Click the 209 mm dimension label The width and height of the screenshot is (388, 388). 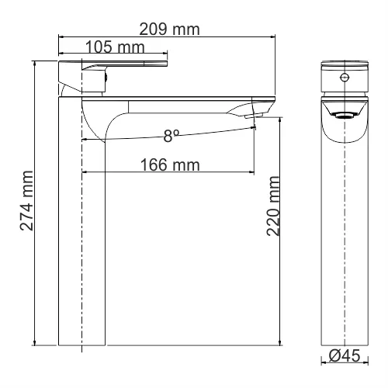[169, 29]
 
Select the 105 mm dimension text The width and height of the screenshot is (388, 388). [115, 47]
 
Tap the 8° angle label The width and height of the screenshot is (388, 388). [171, 136]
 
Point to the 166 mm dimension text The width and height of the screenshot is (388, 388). [170, 165]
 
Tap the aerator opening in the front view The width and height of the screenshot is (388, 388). [344, 115]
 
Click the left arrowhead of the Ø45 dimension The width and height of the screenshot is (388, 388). [324, 362]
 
